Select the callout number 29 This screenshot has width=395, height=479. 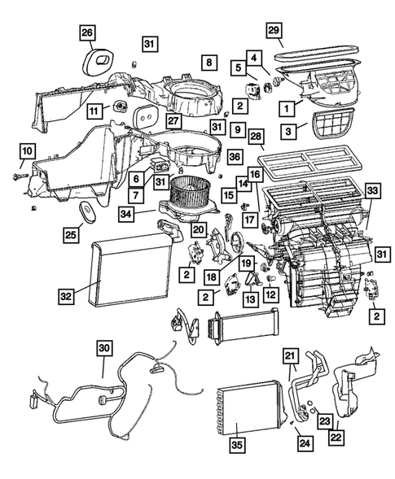(274, 29)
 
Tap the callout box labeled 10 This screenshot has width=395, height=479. (26, 150)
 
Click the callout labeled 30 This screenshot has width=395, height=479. (103, 348)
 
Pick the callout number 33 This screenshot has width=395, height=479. (372, 189)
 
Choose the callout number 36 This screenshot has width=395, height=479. (235, 156)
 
